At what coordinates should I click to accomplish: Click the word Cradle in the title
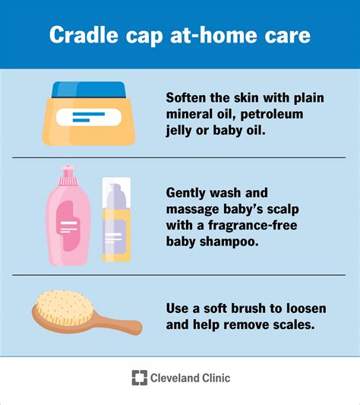83,34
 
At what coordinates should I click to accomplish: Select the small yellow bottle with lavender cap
115,225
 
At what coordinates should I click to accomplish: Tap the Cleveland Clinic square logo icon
139,378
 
